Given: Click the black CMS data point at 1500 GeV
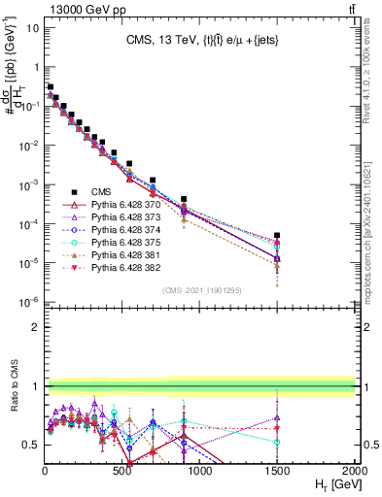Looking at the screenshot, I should click(277, 235).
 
